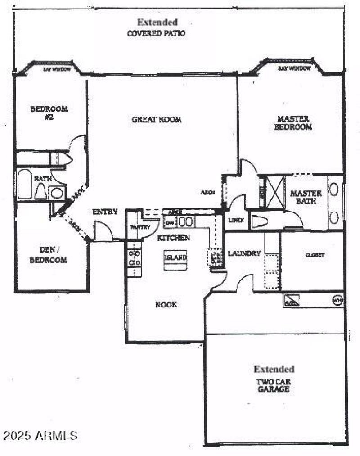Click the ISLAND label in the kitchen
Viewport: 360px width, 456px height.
(x=175, y=258)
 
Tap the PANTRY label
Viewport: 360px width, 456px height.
(x=140, y=227)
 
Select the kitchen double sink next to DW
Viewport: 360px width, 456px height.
(x=186, y=221)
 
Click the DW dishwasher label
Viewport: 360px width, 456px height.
(x=170, y=222)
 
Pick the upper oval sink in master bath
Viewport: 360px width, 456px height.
(x=333, y=189)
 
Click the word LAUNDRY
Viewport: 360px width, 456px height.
(x=244, y=254)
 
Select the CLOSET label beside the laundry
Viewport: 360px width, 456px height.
(x=315, y=255)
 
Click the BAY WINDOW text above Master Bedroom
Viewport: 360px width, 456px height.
(x=294, y=68)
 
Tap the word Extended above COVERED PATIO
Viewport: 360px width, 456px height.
(x=157, y=22)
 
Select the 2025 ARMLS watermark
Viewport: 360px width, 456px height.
(x=40, y=435)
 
